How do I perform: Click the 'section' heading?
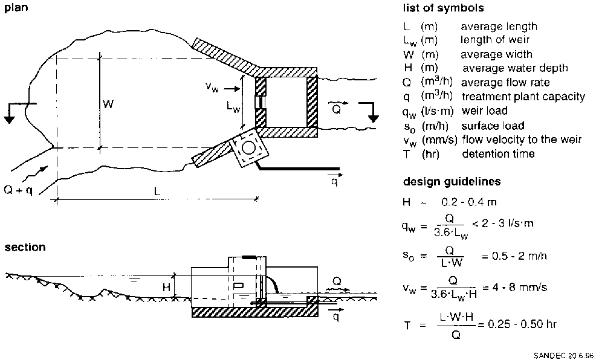click(24, 247)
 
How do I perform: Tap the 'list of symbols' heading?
click(443, 8)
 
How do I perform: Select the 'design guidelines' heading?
click(452, 181)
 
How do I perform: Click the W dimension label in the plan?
click(108, 104)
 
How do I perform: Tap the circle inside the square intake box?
click(247, 147)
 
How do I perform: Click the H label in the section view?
click(166, 288)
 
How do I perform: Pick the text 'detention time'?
click(498, 154)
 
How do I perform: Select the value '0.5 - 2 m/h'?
click(514, 256)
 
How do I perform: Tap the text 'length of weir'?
click(495, 40)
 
